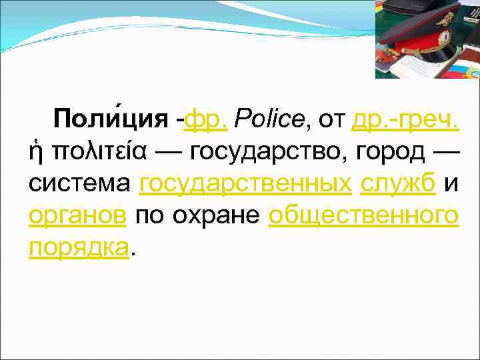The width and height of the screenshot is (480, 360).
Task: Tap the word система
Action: [x=79, y=183]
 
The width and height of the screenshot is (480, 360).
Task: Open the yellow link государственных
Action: [x=245, y=183]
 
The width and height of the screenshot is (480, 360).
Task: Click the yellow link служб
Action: [x=398, y=183]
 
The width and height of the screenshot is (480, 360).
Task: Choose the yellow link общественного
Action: [x=363, y=215]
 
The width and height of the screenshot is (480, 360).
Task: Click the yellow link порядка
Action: [x=78, y=247]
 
